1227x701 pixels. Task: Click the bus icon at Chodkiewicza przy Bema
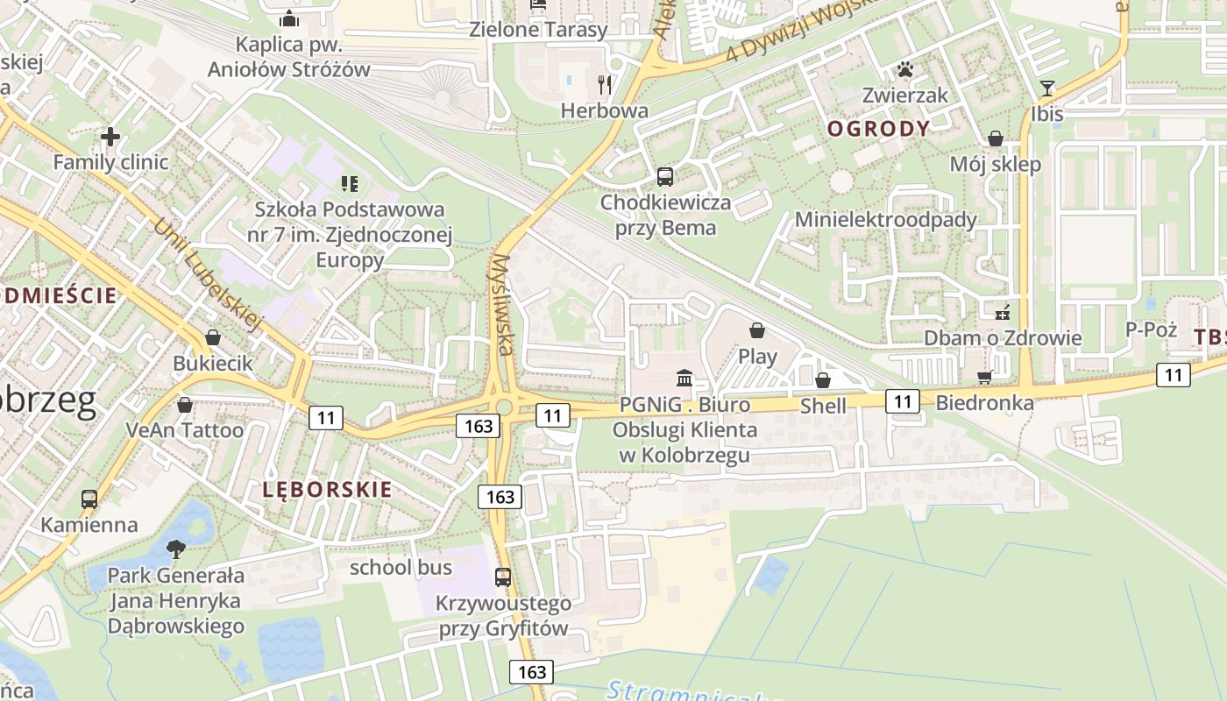(665, 177)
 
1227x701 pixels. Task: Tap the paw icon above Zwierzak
(904, 69)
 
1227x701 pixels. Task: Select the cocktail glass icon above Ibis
(1046, 88)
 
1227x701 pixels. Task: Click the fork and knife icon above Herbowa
(604, 84)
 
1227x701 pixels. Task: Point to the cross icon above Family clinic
(110, 137)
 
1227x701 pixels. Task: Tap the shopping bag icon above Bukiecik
(212, 337)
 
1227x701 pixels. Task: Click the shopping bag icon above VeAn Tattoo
(184, 405)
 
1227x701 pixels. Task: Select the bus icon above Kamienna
(89, 499)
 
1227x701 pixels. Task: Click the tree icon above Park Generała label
(175, 549)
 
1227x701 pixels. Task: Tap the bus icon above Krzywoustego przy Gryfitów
(503, 577)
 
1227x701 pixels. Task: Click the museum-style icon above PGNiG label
(684, 379)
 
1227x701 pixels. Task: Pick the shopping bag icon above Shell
(822, 380)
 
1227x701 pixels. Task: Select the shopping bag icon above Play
(756, 330)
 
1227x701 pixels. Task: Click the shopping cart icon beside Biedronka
(984, 378)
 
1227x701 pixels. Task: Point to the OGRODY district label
(879, 129)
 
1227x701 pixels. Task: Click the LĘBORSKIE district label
(327, 489)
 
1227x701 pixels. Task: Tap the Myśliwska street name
(501, 304)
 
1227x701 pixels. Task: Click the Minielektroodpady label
(885, 219)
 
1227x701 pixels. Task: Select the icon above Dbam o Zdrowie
(1003, 312)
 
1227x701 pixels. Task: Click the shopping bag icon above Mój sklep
(996, 138)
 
